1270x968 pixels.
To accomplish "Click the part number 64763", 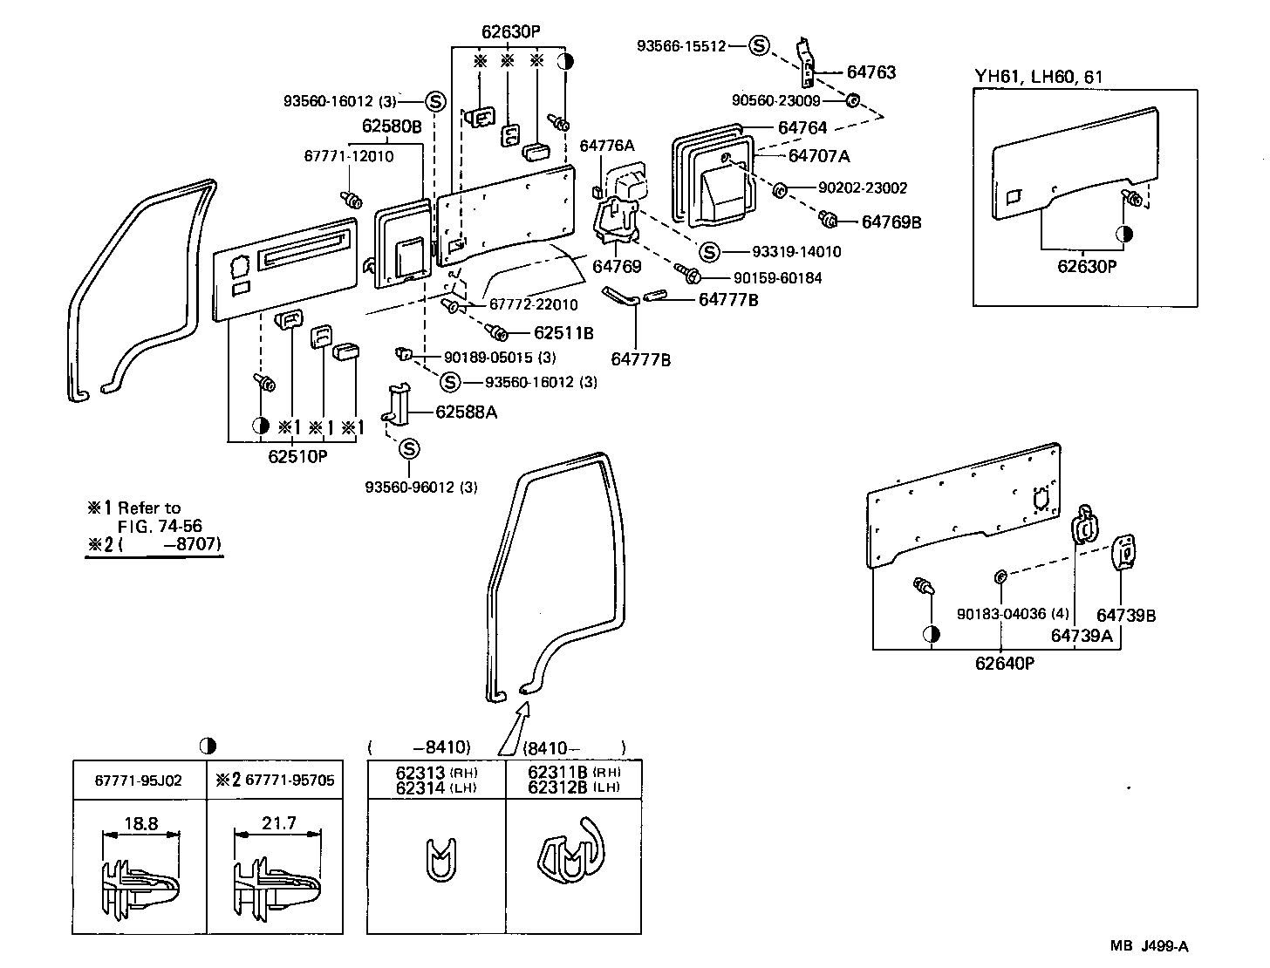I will tap(871, 73).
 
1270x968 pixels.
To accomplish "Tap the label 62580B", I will tap(392, 126).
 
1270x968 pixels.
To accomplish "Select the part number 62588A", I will tap(466, 412).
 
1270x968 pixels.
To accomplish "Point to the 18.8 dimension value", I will tap(140, 822).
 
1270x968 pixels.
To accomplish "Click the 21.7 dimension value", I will tap(278, 822).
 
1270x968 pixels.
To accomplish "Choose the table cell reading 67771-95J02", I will tap(139, 780).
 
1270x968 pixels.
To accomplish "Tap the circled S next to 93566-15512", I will tap(759, 46).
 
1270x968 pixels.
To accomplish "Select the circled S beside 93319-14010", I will tap(709, 252).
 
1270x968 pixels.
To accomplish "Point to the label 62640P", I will tap(1004, 664).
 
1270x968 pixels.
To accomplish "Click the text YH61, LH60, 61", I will tap(1038, 77).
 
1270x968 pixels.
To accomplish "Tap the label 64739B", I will tap(1126, 616).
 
